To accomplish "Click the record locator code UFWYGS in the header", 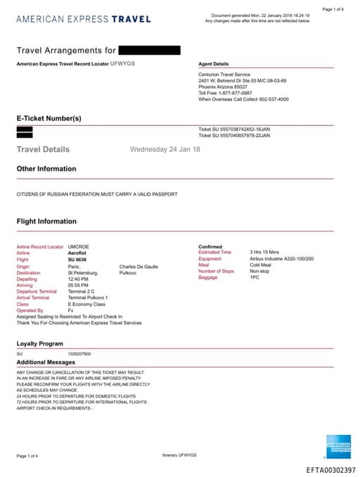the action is tap(122, 63).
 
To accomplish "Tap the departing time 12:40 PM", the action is tap(78, 279).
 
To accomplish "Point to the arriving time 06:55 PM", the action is tap(78, 284).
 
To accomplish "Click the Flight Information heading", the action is tap(46, 221).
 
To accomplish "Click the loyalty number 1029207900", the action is tap(79, 353).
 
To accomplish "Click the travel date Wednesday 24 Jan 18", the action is tap(165, 149).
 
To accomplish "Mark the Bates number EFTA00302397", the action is tap(330, 470).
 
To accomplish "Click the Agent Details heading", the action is tap(213, 64).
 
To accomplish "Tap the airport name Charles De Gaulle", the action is tap(139, 267).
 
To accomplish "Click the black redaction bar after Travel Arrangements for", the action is tap(149, 50).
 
